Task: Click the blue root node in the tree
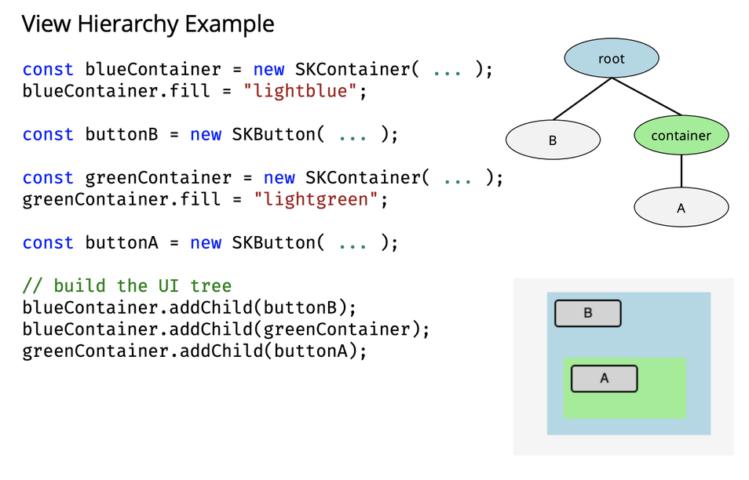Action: [x=612, y=59]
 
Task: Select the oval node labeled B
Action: [x=553, y=141]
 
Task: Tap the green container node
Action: [x=681, y=136]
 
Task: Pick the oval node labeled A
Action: [x=681, y=208]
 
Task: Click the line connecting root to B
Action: [x=582, y=100]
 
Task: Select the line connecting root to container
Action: [x=647, y=97]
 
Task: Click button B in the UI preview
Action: [x=588, y=314]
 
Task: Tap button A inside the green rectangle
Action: [x=604, y=378]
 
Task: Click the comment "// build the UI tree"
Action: [x=127, y=285]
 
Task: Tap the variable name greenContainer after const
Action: [x=159, y=178]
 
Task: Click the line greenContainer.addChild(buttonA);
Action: [x=195, y=351]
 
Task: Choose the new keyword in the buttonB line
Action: [x=206, y=134]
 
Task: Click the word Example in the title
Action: [x=229, y=24]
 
